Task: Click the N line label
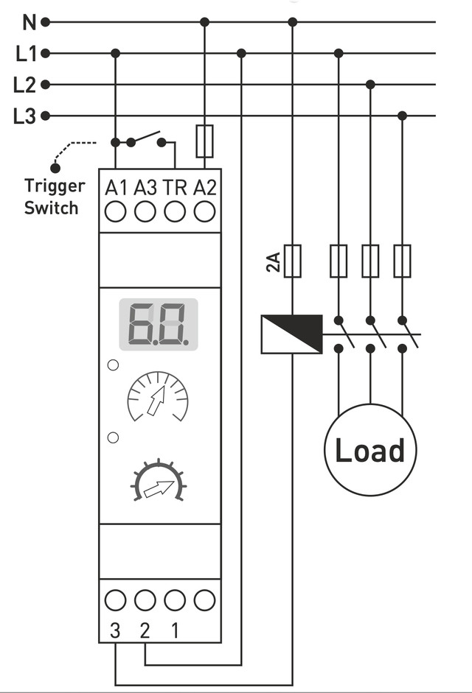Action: tap(29, 22)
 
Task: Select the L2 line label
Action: tap(25, 85)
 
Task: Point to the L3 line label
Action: tap(25, 116)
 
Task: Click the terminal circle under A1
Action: tap(115, 212)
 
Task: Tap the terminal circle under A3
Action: tap(145, 212)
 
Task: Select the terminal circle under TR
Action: tap(175, 212)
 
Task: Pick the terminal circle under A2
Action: tap(204, 212)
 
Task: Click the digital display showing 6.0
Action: tap(160, 323)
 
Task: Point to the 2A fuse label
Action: tap(274, 262)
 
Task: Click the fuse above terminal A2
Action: tap(204, 141)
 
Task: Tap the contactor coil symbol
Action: tap(292, 334)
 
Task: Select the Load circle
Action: tap(370, 449)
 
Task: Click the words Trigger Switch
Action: tap(54, 197)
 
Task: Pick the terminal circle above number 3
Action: tap(115, 600)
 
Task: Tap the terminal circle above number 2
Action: tap(145, 600)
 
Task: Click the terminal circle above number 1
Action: tap(175, 600)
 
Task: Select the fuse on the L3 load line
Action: tap(402, 261)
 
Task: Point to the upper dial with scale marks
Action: tap(158, 398)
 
